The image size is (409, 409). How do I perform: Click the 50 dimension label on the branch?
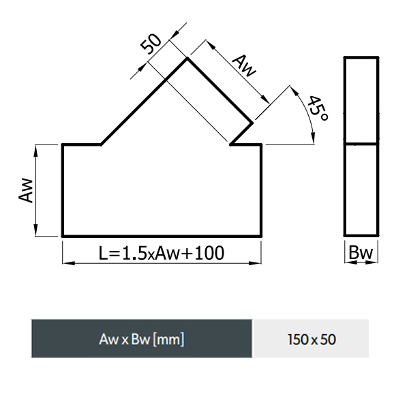[x=151, y=44]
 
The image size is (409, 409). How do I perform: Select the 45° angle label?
[x=318, y=108]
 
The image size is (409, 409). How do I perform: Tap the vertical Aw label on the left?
[x=26, y=190]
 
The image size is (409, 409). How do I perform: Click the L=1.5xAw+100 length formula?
[x=162, y=253]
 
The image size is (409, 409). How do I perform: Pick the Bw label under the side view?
[x=361, y=252]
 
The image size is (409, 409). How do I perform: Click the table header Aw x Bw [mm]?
[x=142, y=339]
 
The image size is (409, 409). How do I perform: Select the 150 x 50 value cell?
[x=312, y=339]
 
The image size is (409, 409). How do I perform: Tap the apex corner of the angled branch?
[x=187, y=59]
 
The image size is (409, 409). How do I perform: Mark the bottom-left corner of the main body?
[x=63, y=236]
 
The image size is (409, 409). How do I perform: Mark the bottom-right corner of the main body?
[x=261, y=236]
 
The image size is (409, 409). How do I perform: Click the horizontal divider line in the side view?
[x=361, y=143]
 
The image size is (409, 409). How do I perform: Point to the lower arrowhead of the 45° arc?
[x=314, y=138]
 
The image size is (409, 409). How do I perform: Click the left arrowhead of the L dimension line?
[x=69, y=263]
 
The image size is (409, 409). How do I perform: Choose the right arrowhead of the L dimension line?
[x=255, y=263]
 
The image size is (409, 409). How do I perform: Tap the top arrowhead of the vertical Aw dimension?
[x=35, y=151]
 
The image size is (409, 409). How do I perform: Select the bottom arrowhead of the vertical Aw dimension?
[x=35, y=230]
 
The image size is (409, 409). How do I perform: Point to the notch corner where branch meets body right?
[x=230, y=144]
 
